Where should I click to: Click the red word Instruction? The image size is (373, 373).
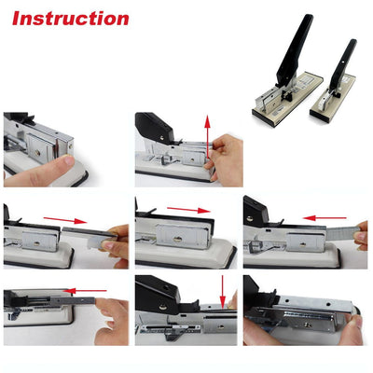pyautogui.click(x=71, y=19)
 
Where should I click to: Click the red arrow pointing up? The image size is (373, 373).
pyautogui.click(x=207, y=136)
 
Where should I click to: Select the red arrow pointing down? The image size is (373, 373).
pyautogui.click(x=223, y=291)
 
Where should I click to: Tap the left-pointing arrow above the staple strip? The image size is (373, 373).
pyautogui.click(x=325, y=218)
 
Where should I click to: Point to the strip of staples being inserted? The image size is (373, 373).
pyautogui.click(x=343, y=233)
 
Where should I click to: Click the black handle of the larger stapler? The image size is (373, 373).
pyautogui.click(x=295, y=50)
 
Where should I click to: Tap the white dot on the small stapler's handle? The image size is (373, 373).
pyautogui.click(x=343, y=62)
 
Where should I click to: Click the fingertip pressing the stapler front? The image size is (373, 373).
pyautogui.click(x=66, y=161)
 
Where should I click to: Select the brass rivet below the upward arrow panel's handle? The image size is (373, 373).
pyautogui.click(x=162, y=137)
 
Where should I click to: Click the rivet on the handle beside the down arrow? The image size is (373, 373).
pyautogui.click(x=163, y=307)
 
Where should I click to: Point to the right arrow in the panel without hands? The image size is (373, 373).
pyautogui.click(x=188, y=210)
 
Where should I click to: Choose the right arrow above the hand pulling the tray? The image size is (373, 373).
pyautogui.click(x=65, y=220)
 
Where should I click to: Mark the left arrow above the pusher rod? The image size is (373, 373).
pyautogui.click(x=85, y=291)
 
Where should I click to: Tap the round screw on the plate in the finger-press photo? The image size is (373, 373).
pyautogui.click(x=37, y=152)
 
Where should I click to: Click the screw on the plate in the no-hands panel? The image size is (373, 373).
pyautogui.click(x=178, y=240)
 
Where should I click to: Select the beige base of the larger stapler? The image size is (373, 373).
pyautogui.click(x=288, y=101)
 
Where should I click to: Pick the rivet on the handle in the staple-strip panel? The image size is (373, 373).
pyautogui.click(x=250, y=218)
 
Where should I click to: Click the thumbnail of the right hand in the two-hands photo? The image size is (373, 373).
pyautogui.click(x=358, y=322)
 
